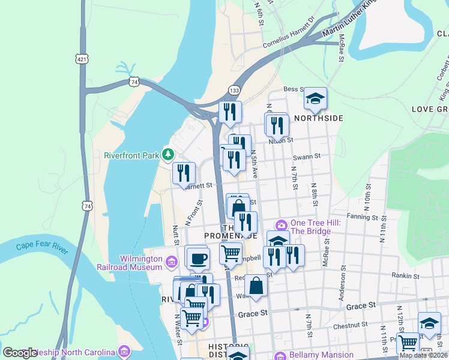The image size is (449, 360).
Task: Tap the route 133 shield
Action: click(x=235, y=90)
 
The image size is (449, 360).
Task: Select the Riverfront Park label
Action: click(x=131, y=155)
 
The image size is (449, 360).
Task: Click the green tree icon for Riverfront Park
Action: click(x=169, y=155)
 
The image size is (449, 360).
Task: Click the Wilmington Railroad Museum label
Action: click(x=141, y=263)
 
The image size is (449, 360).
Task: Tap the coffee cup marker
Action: click(x=197, y=259)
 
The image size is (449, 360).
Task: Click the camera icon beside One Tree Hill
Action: click(x=281, y=226)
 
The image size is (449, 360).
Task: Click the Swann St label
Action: click(x=307, y=157)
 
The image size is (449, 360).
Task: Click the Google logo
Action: click(x=20, y=353)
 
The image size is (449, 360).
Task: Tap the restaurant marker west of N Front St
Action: click(x=184, y=173)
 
